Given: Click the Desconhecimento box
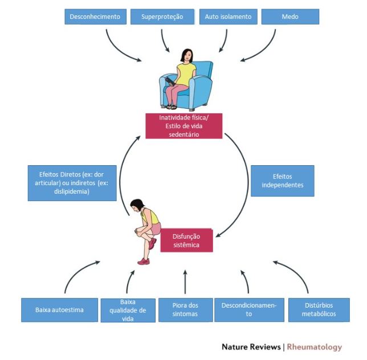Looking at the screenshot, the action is click(96, 17).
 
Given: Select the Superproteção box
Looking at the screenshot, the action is click(162, 17).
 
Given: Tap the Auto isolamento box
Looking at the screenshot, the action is click(228, 17).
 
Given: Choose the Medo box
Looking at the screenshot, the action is click(290, 17).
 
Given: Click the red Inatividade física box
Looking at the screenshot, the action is click(184, 126).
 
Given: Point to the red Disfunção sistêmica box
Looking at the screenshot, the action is click(186, 240).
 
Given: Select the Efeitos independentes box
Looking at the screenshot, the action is click(283, 181).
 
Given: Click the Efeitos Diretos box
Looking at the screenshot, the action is click(72, 183).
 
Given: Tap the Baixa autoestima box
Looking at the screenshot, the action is click(59, 310).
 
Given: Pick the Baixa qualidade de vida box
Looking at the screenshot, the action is click(128, 310).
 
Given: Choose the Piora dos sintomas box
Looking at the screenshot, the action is click(186, 310).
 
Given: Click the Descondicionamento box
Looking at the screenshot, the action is click(249, 310).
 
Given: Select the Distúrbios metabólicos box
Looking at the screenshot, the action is click(319, 310).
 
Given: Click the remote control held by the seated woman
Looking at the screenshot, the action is click(170, 81).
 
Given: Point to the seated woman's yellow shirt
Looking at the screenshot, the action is click(185, 73).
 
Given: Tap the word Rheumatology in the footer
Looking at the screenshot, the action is click(315, 347).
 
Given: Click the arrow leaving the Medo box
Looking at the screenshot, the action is click(264, 50).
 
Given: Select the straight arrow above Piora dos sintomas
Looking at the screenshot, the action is click(185, 282).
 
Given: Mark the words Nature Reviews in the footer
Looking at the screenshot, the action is click(251, 347).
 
